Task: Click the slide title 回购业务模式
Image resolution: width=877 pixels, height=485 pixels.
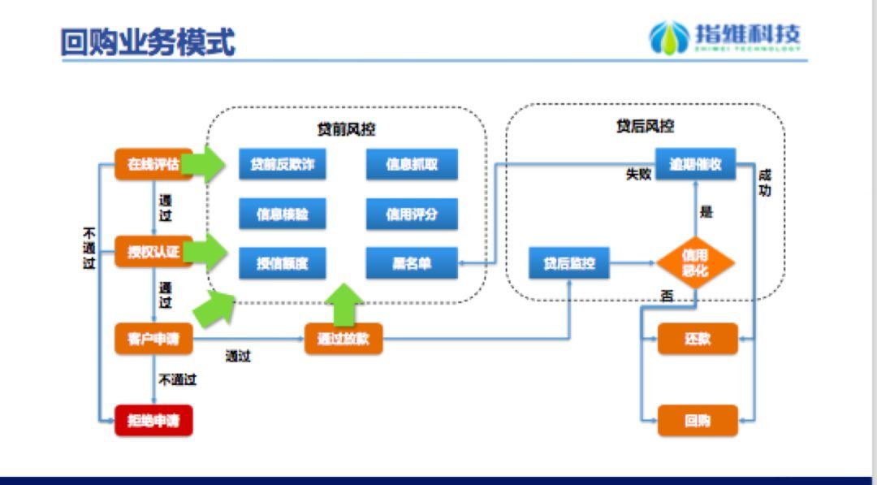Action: (x=148, y=41)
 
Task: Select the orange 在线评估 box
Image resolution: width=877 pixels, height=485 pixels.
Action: (x=153, y=163)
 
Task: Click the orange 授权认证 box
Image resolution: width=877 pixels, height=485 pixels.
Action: (x=153, y=252)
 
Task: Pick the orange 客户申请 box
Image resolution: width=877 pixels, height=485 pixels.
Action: (x=153, y=339)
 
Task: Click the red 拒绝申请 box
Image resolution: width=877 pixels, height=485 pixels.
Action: (x=153, y=420)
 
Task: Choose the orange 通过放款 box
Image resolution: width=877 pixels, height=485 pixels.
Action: (x=343, y=339)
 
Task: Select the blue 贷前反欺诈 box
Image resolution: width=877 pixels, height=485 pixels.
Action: (x=282, y=164)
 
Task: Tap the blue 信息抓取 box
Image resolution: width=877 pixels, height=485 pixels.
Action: (x=412, y=164)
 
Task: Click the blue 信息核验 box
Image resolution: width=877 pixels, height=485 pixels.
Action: (x=282, y=214)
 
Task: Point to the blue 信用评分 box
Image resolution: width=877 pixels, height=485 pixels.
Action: (x=412, y=214)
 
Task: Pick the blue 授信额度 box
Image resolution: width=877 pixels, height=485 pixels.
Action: (x=282, y=263)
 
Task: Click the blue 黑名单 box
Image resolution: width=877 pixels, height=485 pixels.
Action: (x=412, y=263)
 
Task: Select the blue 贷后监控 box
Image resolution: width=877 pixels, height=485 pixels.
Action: (x=568, y=263)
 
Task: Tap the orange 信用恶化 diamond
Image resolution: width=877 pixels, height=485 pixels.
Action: (x=695, y=263)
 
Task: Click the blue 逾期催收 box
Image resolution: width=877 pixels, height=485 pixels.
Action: (x=695, y=164)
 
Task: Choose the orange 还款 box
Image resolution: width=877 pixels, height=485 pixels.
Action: (x=698, y=339)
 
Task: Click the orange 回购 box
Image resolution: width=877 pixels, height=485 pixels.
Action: (x=698, y=420)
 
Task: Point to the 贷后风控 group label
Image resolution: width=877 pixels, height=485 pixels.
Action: (x=645, y=126)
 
